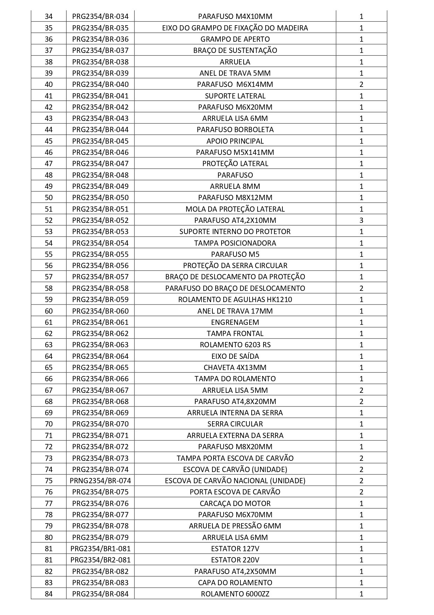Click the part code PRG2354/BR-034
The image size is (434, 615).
pyautogui.click(x=100, y=16)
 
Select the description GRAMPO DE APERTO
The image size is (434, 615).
pyautogui.click(x=235, y=39)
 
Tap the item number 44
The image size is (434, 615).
pyautogui.click(x=49, y=130)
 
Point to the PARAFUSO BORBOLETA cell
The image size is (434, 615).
pyautogui.click(x=235, y=130)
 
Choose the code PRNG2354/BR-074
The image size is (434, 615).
pyautogui.click(x=100, y=481)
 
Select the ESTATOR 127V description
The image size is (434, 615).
pyautogui.click(x=235, y=549)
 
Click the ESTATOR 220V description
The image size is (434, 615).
pyautogui.click(x=235, y=560)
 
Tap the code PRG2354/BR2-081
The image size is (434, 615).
pyautogui.click(x=100, y=560)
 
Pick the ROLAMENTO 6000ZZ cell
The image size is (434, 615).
pyautogui.click(x=235, y=594)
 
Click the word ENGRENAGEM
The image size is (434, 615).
pyautogui.click(x=235, y=322)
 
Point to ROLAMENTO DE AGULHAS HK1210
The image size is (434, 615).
pyautogui.click(x=235, y=300)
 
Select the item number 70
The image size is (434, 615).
pyautogui.click(x=49, y=424)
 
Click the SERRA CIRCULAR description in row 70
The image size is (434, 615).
pyautogui.click(x=235, y=424)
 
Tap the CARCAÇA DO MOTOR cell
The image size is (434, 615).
pyautogui.click(x=235, y=504)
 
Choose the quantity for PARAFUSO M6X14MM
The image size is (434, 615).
pyautogui.click(x=361, y=84)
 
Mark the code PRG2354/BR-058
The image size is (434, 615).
pyautogui.click(x=100, y=288)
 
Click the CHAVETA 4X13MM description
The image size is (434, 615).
pyautogui.click(x=235, y=368)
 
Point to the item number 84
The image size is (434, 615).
pyautogui.click(x=49, y=594)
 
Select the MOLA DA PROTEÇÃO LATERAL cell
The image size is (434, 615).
pyautogui.click(x=235, y=209)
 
